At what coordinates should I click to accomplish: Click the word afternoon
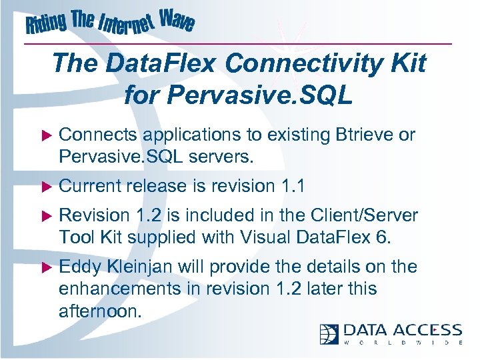(x=100, y=311)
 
